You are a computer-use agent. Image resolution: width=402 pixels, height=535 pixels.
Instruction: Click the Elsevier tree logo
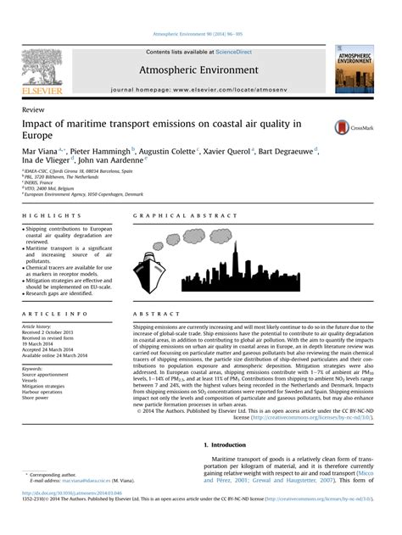[x=42, y=68]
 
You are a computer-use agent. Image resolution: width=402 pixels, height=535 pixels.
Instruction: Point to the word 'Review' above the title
[x=34, y=110]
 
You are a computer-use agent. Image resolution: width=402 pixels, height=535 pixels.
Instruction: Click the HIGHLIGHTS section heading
[x=46, y=216]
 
